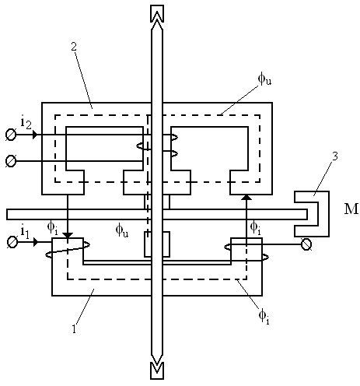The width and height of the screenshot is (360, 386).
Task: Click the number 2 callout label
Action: click(x=74, y=47)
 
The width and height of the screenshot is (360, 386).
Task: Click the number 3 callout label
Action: click(x=335, y=156)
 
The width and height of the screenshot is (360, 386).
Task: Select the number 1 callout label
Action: click(x=75, y=328)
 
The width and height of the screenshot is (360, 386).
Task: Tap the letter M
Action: click(x=351, y=209)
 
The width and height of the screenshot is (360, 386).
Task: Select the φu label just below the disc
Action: click(x=122, y=230)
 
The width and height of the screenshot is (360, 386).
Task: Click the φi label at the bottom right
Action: click(x=264, y=317)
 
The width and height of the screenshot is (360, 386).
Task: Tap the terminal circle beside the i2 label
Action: click(x=11, y=135)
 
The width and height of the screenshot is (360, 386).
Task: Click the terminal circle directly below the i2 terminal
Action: click(x=11, y=161)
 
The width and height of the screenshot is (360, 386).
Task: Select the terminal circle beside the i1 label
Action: click(x=12, y=242)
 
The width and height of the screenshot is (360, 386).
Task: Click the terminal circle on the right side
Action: click(x=306, y=244)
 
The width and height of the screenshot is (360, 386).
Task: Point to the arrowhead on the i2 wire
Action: click(x=35, y=135)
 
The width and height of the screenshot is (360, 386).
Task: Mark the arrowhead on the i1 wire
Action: click(x=36, y=242)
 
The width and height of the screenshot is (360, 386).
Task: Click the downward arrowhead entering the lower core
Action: click(x=68, y=236)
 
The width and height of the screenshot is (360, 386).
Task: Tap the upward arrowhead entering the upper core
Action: click(x=246, y=197)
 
